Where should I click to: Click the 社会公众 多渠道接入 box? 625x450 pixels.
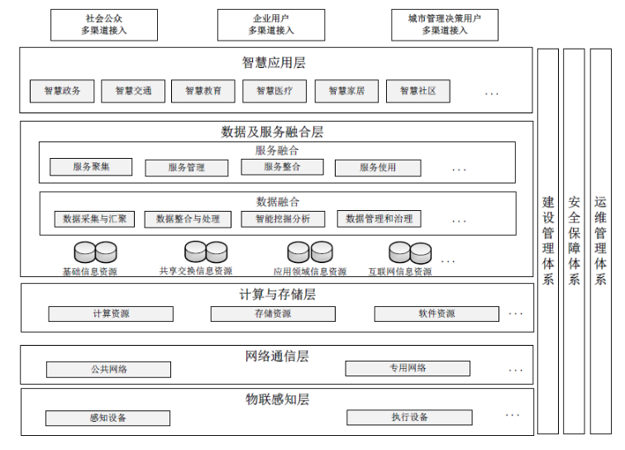pos(104,25)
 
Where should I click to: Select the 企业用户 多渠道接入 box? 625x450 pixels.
pos(271,25)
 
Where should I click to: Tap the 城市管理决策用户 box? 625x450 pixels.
pos(445,25)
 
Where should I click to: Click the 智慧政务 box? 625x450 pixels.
pos(62,91)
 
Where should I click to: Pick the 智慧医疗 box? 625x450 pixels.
pos(274,91)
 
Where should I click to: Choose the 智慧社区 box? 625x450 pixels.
pos(418,91)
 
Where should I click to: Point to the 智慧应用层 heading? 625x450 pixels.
pos(274,63)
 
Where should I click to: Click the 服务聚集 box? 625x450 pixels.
pos(91,167)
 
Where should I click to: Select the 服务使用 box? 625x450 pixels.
pos(378,168)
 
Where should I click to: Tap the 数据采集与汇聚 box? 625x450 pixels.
pos(94,219)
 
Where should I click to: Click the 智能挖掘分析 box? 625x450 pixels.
pos(283,219)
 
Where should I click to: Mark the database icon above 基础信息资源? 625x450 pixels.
pos(95,252)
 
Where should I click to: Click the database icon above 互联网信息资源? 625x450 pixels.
pos(410,252)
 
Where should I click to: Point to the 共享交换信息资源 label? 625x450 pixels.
pos(196,271)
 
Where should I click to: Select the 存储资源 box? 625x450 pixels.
pos(273,314)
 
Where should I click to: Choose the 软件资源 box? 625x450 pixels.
pos(437,314)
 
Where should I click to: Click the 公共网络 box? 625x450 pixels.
pos(108,370)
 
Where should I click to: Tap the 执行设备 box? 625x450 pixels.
pos(409,417)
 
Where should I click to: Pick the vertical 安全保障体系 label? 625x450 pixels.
pos(574,241)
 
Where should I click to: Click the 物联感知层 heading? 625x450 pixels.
pos(278,400)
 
